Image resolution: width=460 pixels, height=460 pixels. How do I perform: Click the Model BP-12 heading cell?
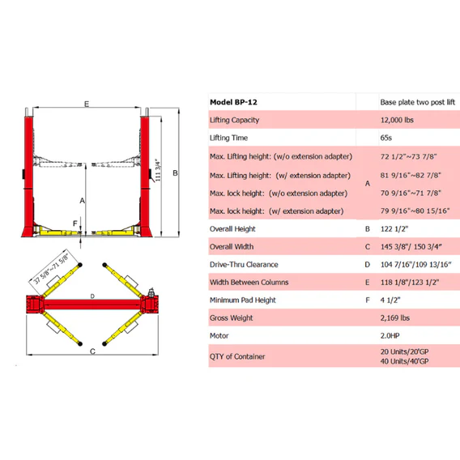point(235,103)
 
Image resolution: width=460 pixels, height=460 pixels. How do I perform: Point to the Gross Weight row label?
point(233,317)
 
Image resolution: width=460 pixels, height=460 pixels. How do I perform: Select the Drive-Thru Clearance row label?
point(243,264)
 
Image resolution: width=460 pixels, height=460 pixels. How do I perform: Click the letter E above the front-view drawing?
point(86,103)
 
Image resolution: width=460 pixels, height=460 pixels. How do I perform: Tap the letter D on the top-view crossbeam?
point(93,296)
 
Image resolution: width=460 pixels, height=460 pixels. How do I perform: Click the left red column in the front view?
point(28,174)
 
